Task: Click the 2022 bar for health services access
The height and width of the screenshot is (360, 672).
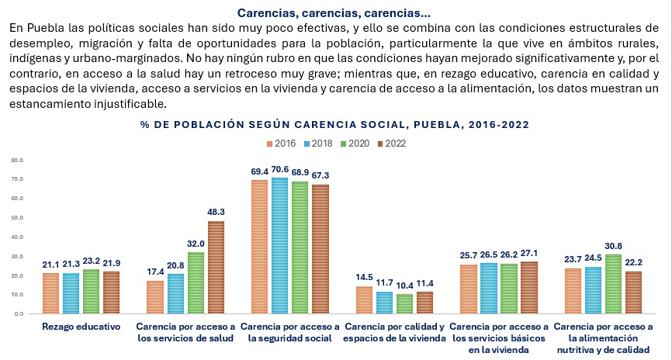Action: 216,268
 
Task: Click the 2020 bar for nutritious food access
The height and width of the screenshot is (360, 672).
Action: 613,284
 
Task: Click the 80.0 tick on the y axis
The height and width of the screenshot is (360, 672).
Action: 17,161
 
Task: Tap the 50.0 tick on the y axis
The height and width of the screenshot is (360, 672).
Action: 17,218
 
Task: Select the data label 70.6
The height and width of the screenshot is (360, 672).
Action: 280,169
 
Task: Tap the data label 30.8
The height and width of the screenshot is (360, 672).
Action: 613,246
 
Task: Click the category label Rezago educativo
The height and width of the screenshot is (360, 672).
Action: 81,327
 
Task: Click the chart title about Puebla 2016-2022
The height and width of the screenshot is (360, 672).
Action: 335,125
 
